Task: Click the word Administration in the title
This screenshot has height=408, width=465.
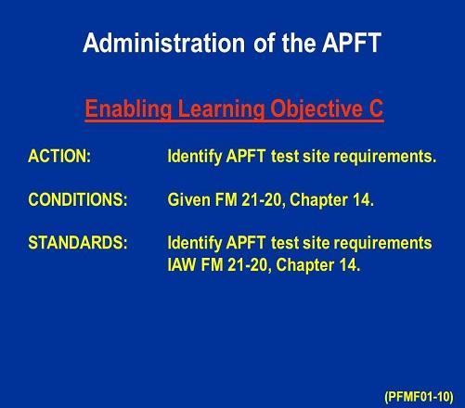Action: coord(164,43)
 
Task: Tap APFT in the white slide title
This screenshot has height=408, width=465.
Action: coord(352,43)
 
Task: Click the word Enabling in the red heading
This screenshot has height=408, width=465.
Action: coord(128,109)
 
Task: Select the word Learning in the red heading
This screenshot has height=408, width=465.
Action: coord(221,109)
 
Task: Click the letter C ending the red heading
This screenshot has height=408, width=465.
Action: coord(376,108)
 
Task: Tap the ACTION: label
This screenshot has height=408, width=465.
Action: coord(59,156)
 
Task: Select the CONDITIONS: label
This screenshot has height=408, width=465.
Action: coord(78,199)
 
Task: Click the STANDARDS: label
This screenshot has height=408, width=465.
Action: coord(78,243)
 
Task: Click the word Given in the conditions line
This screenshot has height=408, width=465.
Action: coord(188,199)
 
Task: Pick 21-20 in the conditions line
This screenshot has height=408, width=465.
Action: coord(263,199)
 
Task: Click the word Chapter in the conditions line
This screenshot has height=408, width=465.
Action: coord(318,200)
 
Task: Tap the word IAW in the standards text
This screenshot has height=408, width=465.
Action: coord(181,265)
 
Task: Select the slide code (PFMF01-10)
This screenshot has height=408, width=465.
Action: coord(419,396)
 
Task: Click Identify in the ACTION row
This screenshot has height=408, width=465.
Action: coord(195,157)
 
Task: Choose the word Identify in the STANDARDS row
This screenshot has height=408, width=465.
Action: coord(195,243)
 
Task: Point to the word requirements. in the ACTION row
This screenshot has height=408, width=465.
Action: coord(385,157)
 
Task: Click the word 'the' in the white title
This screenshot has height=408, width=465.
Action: coord(298,43)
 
